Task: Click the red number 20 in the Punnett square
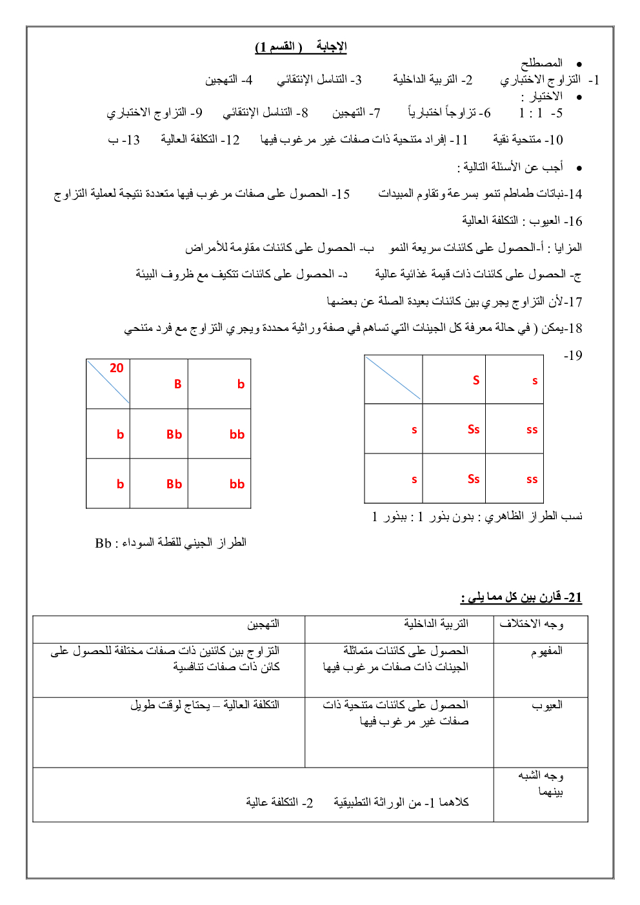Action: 117,368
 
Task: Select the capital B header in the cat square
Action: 177,384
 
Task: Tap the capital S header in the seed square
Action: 476,381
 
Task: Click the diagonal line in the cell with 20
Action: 108,382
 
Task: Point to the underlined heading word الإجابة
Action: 332,46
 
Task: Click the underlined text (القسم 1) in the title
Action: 279,46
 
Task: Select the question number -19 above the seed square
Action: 573,355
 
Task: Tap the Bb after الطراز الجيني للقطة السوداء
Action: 103,543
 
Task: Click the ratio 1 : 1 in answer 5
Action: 530,113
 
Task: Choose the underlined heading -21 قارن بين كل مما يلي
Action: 521,597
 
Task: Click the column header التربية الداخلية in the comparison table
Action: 436,624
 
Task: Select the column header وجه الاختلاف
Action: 531,624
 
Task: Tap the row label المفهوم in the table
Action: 546,651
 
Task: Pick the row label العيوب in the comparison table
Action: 547,705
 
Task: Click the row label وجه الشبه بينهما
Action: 541,783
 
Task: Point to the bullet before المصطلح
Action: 579,65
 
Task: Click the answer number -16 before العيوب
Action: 573,221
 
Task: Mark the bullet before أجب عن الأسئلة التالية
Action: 579,168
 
